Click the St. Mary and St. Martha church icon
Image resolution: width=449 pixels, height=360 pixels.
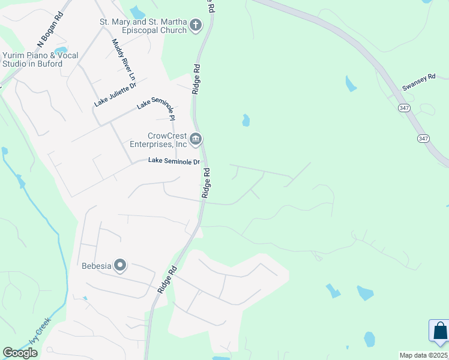[x=195, y=26]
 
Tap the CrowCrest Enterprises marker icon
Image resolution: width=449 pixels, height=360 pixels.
[x=196, y=140]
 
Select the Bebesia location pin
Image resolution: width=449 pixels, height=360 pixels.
[x=120, y=265]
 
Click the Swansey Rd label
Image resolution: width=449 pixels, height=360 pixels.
[x=417, y=83]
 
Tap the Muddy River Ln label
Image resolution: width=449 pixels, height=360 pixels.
[x=123, y=60]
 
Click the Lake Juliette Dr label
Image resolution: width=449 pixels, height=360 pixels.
[x=115, y=95]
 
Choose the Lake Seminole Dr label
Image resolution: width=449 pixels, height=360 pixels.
[x=174, y=161]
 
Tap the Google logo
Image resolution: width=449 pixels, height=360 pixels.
[x=20, y=353]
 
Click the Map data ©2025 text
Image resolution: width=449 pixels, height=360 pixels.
[x=424, y=355]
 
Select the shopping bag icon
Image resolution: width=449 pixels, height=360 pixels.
[x=440, y=331]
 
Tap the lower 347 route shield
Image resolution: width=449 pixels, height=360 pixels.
[x=424, y=138]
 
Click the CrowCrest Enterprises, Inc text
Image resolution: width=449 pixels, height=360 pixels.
[x=159, y=140]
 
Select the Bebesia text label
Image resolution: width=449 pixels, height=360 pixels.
[x=97, y=266]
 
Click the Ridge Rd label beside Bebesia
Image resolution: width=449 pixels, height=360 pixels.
[x=166, y=280]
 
